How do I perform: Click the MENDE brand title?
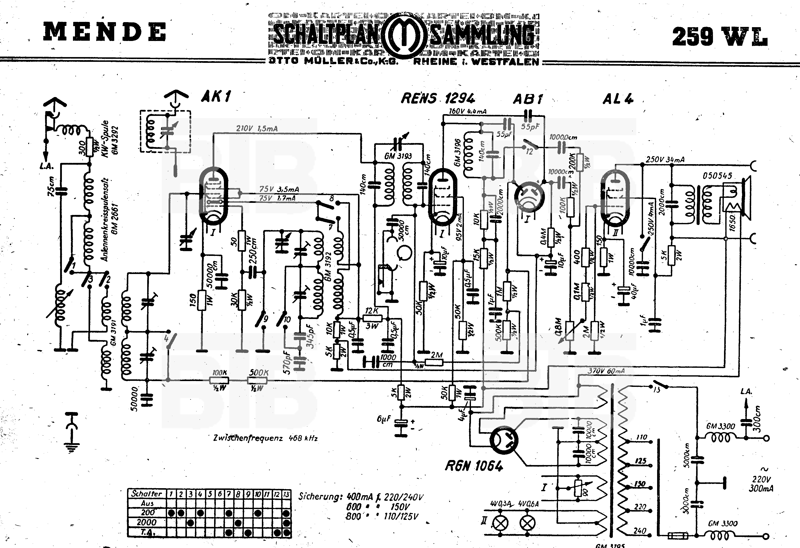point(105,32)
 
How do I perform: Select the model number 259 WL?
point(719,36)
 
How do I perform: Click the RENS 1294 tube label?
point(438,99)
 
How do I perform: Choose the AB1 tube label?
point(528,99)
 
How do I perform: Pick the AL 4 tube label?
point(618,99)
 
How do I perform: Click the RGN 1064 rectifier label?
point(474,466)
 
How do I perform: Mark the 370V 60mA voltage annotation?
point(606,371)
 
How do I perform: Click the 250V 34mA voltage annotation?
point(665,160)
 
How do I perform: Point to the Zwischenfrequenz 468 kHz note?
point(265,438)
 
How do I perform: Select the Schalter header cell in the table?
point(147,493)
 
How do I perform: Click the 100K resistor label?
point(219,373)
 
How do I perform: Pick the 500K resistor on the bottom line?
point(257,380)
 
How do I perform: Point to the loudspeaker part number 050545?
point(717,176)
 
